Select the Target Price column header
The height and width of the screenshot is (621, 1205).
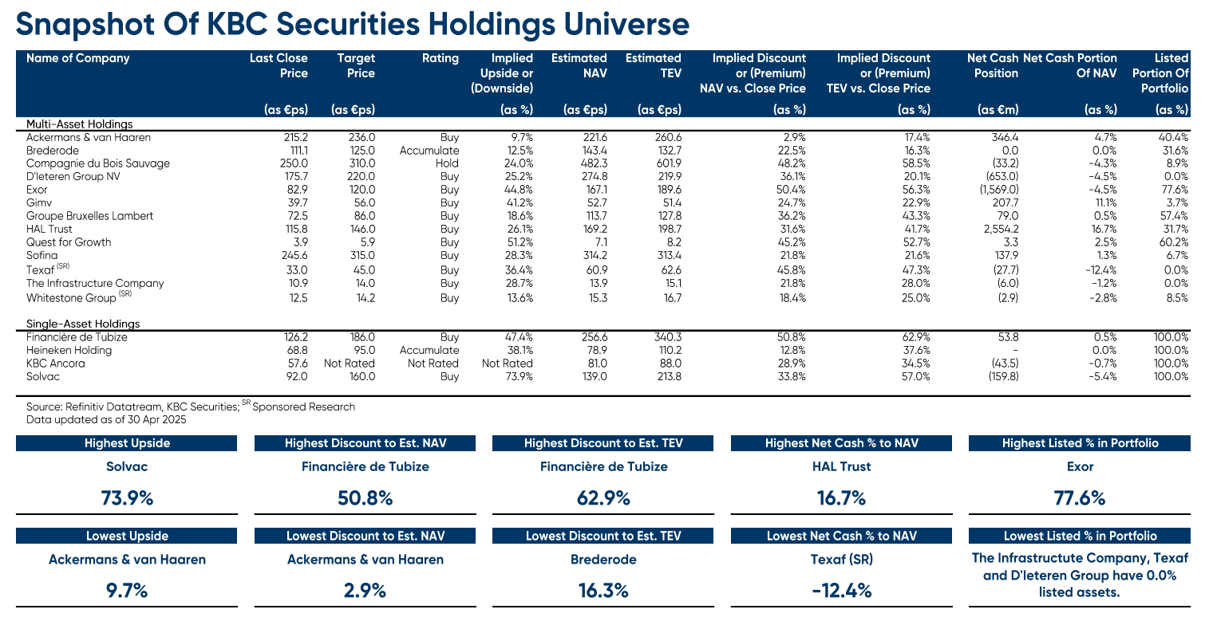[356, 65]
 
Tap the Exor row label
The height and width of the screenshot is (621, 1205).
[37, 190]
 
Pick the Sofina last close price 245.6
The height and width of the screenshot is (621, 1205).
[293, 255]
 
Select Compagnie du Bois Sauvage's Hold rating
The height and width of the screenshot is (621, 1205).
[446, 163]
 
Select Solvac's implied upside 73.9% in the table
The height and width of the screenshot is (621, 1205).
[516, 376]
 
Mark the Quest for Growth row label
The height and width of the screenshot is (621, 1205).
[69, 242]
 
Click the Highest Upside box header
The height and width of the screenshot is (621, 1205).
[127, 443]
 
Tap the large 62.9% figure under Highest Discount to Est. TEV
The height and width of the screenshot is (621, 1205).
[603, 499]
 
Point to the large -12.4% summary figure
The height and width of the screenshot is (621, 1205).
[842, 591]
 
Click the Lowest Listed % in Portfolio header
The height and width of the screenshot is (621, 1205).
[1080, 536]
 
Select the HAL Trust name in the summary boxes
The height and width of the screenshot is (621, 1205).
[842, 467]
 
